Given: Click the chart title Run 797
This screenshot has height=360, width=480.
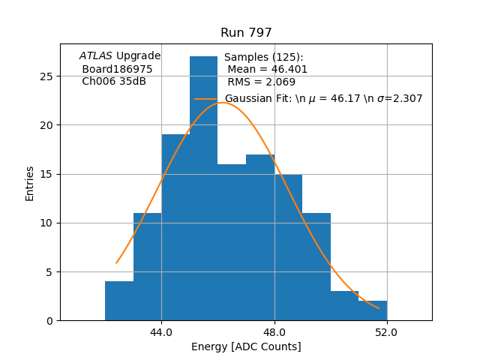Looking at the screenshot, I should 246,33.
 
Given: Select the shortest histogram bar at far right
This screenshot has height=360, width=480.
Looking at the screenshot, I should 373,310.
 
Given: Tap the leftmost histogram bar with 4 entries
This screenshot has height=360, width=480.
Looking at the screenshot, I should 119,301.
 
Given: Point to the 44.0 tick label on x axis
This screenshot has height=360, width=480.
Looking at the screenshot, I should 161,332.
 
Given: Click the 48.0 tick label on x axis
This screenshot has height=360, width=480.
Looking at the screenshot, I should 274,332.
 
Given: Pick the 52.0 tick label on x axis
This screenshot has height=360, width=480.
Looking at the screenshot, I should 387,332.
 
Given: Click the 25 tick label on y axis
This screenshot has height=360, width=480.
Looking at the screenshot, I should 46,76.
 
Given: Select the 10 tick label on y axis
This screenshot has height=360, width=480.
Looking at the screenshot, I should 46,223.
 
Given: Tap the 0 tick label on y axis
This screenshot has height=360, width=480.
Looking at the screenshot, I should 49,321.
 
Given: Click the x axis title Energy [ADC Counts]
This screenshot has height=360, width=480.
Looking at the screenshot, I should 246,346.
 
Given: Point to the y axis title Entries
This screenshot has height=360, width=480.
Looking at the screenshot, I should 30,183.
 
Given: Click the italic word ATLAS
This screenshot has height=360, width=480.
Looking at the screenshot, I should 96,55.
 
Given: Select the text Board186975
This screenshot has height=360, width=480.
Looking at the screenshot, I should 117,69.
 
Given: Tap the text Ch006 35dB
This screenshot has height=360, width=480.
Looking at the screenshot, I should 114,81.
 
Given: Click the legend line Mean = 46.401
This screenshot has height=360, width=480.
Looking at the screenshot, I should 267,70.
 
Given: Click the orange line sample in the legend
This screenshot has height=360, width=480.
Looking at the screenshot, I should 205,99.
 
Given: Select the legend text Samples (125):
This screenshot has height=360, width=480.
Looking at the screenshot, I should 263,58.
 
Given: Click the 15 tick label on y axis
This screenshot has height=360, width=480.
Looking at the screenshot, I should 46,174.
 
